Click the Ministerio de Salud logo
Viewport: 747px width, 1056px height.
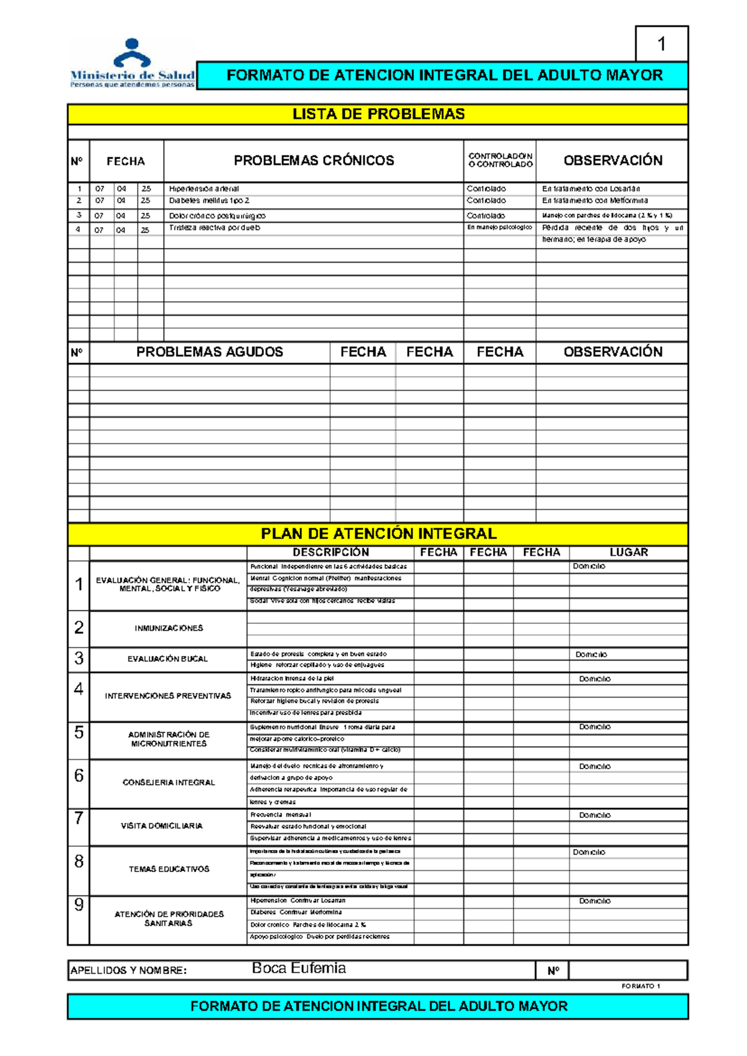tap(132, 63)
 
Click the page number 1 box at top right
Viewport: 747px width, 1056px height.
tap(662, 44)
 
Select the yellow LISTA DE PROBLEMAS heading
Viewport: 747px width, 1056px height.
tap(378, 114)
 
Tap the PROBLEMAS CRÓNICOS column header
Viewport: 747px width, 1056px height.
tap(314, 160)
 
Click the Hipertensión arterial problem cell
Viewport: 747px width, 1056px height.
tap(204, 188)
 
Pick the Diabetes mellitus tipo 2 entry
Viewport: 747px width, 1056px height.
tap(209, 201)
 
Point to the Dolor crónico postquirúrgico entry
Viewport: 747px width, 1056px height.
tap(217, 216)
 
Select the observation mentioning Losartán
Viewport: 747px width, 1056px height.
tap(591, 188)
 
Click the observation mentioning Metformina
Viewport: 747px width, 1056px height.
tap(594, 201)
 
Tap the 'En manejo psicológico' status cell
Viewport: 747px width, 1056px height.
tap(499, 228)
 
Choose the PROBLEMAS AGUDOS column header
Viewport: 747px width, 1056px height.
tap(210, 352)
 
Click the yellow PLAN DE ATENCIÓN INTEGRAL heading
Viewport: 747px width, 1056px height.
tap(378, 534)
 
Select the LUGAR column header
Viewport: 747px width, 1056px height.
tap(629, 552)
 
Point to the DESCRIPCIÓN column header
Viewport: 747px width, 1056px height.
tap(331, 552)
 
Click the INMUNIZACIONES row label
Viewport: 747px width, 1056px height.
tap(169, 628)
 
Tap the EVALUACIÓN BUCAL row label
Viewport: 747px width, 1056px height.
tap(167, 659)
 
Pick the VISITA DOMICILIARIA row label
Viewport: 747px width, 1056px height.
tap(162, 826)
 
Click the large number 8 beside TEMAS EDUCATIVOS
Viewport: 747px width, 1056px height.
tap(79, 861)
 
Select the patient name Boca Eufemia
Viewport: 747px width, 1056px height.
tap(299, 968)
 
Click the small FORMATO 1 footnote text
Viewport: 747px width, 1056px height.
tap(641, 986)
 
